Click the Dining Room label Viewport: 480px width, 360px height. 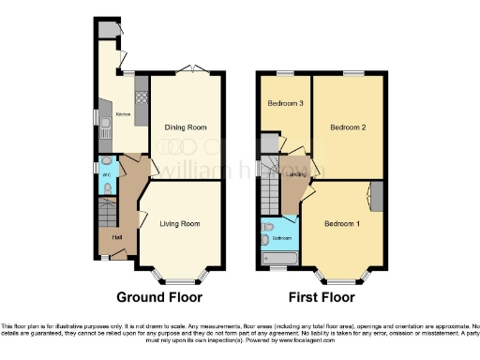pyautogui.click(x=186, y=127)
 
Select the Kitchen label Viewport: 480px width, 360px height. pyautogui.click(x=122, y=115)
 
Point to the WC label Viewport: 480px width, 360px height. pyautogui.click(x=107, y=175)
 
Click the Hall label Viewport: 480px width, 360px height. pyautogui.click(x=117, y=237)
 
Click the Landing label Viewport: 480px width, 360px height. pyautogui.click(x=297, y=175)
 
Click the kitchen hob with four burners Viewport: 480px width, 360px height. pyautogui.click(x=142, y=97)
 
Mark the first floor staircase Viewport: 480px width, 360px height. pyautogui.click(x=270, y=192)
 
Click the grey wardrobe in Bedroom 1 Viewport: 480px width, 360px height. pyautogui.click(x=377, y=198)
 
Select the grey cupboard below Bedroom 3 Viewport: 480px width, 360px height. pyautogui.click(x=270, y=143)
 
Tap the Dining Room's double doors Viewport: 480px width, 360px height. pyautogui.click(x=187, y=71)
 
